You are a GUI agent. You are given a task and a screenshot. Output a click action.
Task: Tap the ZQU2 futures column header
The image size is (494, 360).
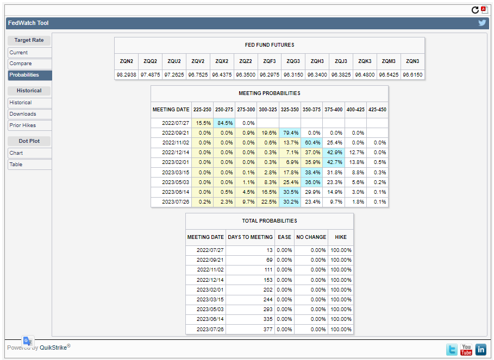174,61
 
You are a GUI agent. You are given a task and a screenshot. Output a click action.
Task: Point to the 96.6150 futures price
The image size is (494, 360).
412,74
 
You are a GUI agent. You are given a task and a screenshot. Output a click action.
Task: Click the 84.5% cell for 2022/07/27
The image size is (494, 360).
224,123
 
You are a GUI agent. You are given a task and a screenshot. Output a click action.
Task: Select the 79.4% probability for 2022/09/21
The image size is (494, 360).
290,133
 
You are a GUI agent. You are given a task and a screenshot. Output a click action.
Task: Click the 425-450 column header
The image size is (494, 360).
377,110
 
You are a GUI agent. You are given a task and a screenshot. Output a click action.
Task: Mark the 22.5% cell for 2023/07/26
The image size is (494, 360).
268,202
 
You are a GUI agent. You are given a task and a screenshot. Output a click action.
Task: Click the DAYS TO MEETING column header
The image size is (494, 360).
250,237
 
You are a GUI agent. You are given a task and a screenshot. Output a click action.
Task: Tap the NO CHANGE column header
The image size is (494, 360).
311,237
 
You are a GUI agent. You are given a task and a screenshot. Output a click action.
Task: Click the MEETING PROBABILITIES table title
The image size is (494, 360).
270,93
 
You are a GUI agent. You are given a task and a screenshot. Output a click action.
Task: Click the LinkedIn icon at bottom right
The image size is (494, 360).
481,350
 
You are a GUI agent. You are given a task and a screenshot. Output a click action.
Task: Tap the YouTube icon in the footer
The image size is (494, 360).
466,350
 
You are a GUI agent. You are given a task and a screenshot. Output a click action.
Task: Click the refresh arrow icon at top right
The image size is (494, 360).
475,10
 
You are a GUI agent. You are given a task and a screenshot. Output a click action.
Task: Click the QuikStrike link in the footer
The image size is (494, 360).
53,348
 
